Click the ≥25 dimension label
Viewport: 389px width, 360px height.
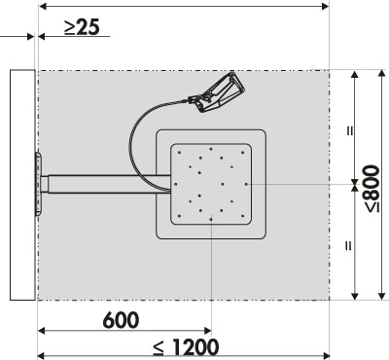click(x=82, y=27)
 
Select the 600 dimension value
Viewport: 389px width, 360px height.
click(x=121, y=320)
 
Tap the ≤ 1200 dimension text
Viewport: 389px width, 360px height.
click(x=186, y=346)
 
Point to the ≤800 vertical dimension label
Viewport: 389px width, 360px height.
click(x=371, y=189)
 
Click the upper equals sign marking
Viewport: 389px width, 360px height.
click(x=350, y=130)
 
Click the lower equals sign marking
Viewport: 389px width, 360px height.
click(x=348, y=246)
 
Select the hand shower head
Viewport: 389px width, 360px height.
click(x=217, y=92)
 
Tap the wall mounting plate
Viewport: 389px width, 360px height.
click(x=38, y=184)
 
